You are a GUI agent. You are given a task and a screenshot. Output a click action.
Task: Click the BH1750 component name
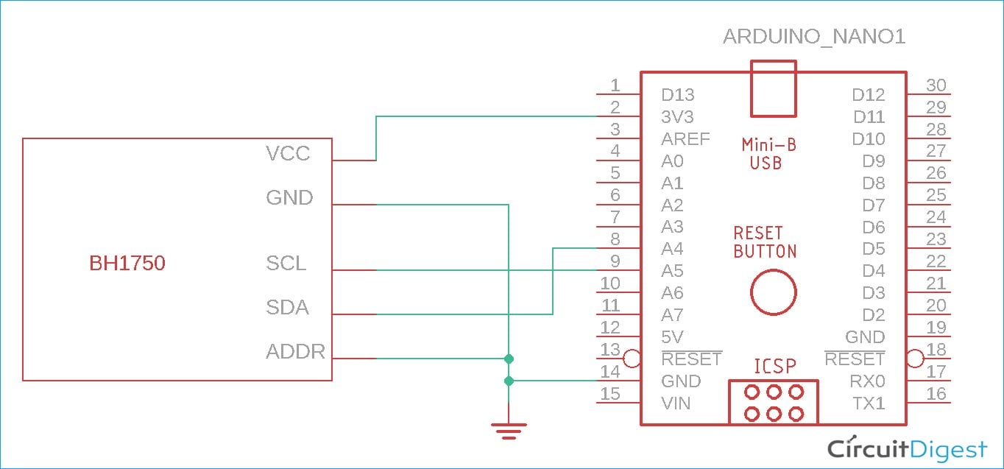[127, 263]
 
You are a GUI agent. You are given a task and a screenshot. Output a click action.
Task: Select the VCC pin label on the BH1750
[288, 153]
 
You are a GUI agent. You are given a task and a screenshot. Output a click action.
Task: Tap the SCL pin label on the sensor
[286, 263]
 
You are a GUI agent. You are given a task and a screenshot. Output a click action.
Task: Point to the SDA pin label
[287, 307]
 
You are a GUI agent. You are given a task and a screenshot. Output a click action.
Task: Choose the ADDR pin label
[295, 351]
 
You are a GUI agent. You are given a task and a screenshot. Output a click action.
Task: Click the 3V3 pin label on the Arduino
[677, 116]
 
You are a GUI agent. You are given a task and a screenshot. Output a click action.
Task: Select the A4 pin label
[672, 249]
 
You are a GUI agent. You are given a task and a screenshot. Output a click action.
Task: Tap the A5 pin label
[672, 271]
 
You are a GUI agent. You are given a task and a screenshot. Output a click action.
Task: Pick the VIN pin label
[676, 403]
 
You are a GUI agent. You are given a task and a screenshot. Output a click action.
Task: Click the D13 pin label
[677, 94]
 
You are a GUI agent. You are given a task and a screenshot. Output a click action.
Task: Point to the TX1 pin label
[869, 403]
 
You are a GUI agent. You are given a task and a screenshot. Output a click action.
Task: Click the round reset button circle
[773, 292]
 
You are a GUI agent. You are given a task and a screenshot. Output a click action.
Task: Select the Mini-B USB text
[768, 153]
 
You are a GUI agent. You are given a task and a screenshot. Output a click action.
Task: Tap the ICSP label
[774, 366]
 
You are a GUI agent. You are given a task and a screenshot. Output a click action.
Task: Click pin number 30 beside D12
[936, 85]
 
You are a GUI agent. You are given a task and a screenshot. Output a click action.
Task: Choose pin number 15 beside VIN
[610, 393]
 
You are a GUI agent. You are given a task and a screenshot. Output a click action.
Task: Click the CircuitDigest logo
[907, 448]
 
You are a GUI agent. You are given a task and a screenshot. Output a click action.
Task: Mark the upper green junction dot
[508, 359]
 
